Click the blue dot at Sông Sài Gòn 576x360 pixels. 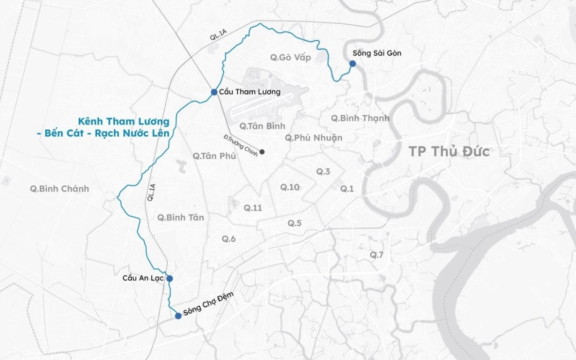352,63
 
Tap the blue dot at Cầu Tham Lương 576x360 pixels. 214,92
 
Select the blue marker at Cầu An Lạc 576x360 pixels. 170,279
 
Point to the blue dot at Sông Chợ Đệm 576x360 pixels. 178,316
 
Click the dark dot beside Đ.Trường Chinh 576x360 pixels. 262,152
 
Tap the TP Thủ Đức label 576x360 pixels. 449,151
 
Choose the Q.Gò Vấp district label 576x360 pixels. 290,57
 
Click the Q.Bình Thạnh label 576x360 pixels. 360,118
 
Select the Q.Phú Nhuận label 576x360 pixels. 314,138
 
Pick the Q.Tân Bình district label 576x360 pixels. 262,126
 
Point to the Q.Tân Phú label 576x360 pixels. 214,156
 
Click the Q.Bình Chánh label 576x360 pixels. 59,189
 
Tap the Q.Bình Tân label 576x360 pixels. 180,217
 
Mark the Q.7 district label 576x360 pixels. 377,255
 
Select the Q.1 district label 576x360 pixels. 347,189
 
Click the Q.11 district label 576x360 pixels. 253,208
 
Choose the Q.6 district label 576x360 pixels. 229,239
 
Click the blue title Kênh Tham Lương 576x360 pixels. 124,121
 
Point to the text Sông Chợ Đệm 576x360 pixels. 205,305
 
